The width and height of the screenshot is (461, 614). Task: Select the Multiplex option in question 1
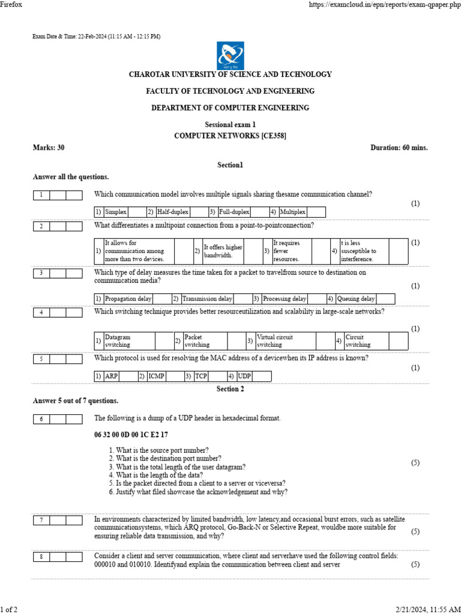pos(293,212)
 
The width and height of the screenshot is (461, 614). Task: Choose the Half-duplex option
pos(172,212)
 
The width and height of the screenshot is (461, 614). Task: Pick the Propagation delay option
pos(128,299)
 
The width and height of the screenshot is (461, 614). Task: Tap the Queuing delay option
pos(356,299)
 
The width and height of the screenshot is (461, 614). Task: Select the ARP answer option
pos(111,377)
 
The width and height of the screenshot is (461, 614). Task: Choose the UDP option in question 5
pos(244,377)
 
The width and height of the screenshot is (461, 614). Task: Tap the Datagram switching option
pos(118,341)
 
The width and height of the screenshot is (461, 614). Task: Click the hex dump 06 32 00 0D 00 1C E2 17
pos(131,435)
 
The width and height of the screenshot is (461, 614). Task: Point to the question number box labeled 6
pos(41,419)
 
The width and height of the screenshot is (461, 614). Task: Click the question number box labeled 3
pos(41,273)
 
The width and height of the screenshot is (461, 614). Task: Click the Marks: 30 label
pos(49,148)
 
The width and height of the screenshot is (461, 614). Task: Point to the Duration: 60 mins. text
pos(399,148)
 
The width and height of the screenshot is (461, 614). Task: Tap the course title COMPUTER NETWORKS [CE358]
pos(230,136)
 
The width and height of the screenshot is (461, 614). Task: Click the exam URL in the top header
pos(384,4)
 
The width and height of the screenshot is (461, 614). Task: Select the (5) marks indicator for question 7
pos(415,531)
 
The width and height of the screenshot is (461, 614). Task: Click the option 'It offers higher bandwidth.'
pos(223,251)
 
